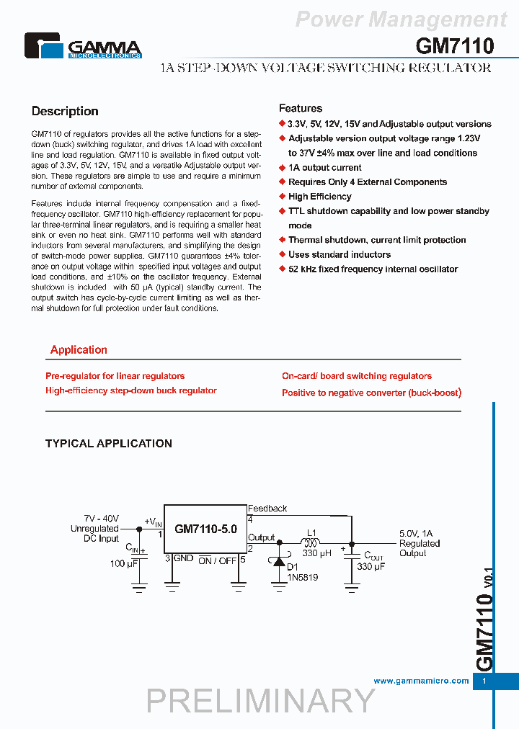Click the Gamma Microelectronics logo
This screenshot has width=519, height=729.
coord(83,45)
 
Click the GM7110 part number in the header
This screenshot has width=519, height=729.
coord(454,46)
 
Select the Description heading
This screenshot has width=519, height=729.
coord(65,111)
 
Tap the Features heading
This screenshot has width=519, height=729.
coord(300,108)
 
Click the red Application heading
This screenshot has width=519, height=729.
coord(79,350)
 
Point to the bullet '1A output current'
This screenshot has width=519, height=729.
coord(324,167)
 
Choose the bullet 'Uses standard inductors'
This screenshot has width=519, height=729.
coord(339,254)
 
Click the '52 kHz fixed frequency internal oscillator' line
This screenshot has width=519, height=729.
coord(373,269)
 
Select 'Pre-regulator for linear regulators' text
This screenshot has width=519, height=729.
coord(115,376)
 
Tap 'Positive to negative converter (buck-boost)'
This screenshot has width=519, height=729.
coord(371,393)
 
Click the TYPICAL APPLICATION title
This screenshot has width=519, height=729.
coord(108,444)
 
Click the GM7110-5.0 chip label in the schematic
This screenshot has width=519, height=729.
coord(205,529)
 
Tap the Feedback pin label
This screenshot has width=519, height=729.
coord(267,509)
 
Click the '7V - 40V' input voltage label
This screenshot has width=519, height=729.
coord(101,519)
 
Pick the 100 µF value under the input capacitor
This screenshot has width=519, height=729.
coord(124,563)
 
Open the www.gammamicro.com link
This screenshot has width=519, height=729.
coord(421,681)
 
